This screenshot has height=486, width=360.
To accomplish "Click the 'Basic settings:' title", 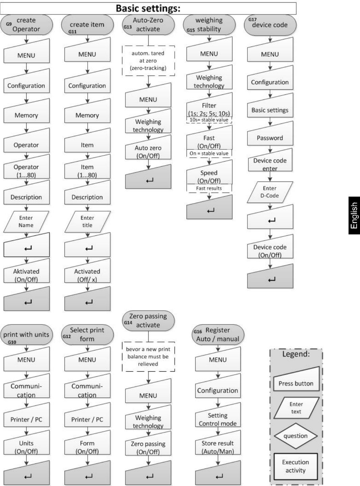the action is (148, 8).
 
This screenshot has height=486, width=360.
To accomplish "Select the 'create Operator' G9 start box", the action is (27, 25).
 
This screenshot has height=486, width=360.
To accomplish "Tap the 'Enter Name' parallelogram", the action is (26, 222).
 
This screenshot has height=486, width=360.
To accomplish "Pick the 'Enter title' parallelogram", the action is (87, 222).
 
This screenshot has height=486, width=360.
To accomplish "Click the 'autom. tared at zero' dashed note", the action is (148, 61).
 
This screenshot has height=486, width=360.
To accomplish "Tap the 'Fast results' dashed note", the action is (209, 188).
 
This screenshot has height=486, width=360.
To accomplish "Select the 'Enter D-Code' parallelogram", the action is (270, 192).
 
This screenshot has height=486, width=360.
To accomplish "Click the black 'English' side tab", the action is (354, 216).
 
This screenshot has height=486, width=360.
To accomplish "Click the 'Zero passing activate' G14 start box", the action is (148, 321).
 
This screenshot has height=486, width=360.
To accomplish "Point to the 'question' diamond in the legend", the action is (296, 436).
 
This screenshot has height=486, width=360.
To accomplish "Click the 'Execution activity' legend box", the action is (296, 466).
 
